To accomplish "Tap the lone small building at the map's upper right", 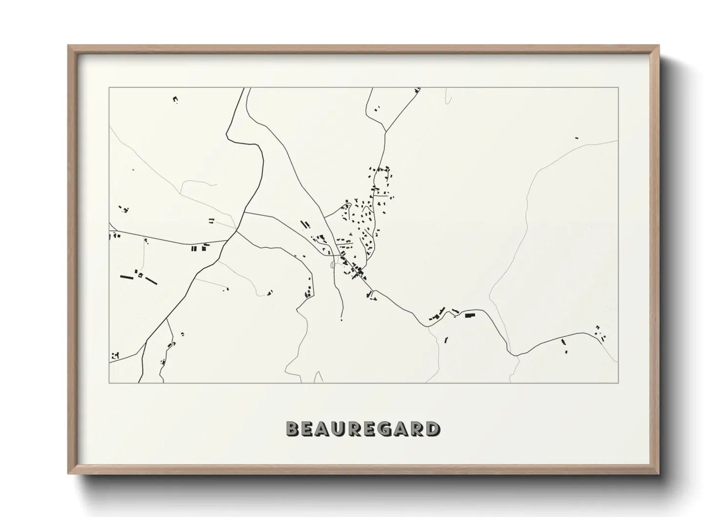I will pos(576,138).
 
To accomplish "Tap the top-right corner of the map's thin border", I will pos(618,87).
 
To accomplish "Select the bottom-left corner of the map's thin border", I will pos(109,383).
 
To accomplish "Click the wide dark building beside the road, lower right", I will pos(470,315).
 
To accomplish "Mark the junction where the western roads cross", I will pos(236,231).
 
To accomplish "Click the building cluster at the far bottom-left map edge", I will pos(115,355).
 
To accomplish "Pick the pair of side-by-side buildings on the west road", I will pos(194,249).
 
